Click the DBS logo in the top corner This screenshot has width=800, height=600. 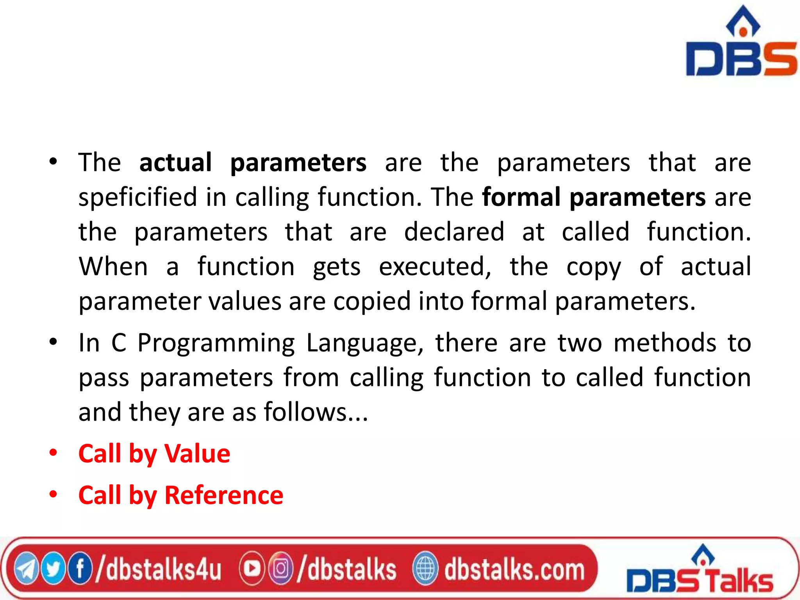click(x=741, y=43)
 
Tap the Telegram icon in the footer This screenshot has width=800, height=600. click(x=26, y=569)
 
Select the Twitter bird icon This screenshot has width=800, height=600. click(x=53, y=569)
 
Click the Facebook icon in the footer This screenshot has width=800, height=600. click(x=80, y=568)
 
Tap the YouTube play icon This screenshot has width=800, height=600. click(x=252, y=569)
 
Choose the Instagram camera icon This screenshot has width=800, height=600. click(x=280, y=569)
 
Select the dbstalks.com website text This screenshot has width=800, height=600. click(x=514, y=569)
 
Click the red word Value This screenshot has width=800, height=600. click(x=197, y=454)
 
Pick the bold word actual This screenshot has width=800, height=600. click(x=175, y=162)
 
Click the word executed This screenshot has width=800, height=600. click(x=435, y=267)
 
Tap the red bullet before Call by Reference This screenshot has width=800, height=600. click(x=53, y=495)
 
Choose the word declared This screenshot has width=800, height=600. click(x=454, y=232)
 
